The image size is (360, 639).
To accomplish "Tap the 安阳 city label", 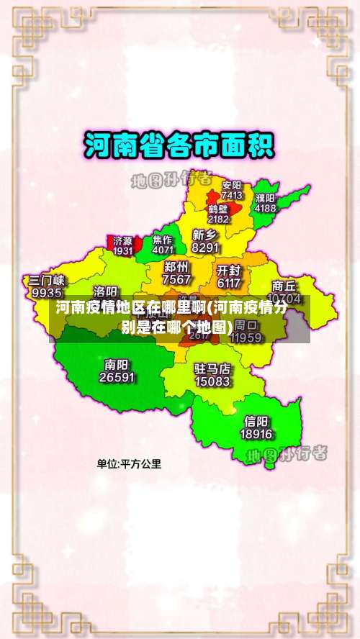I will pyautogui.click(x=232, y=185).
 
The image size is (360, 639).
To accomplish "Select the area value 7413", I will pyautogui.click(x=232, y=195).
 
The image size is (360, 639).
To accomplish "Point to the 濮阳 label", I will pyautogui.click(x=265, y=198).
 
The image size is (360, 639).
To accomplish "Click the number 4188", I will pyautogui.click(x=265, y=208).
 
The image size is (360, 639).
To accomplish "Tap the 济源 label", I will pyautogui.click(x=123, y=241).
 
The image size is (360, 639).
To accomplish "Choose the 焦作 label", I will pyautogui.click(x=163, y=240).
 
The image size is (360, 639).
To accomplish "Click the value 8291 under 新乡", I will pyautogui.click(x=205, y=248).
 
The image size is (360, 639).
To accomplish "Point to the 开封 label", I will pyautogui.click(x=228, y=271).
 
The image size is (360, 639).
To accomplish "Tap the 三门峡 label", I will pyautogui.click(x=47, y=281).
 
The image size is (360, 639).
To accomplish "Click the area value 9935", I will pyautogui.click(x=47, y=293).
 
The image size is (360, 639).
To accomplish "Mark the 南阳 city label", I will pyautogui.click(x=117, y=364).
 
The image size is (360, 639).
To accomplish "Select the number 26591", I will pyautogui.click(x=117, y=377).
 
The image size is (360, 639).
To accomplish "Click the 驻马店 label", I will pyautogui.click(x=212, y=368).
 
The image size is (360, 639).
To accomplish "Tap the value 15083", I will pyautogui.click(x=212, y=381).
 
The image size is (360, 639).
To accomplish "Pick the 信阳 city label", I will pyautogui.click(x=256, y=421).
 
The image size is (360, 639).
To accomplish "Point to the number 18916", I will pyautogui.click(x=256, y=434).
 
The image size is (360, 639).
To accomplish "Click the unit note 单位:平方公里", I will pyautogui.click(x=130, y=464).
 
